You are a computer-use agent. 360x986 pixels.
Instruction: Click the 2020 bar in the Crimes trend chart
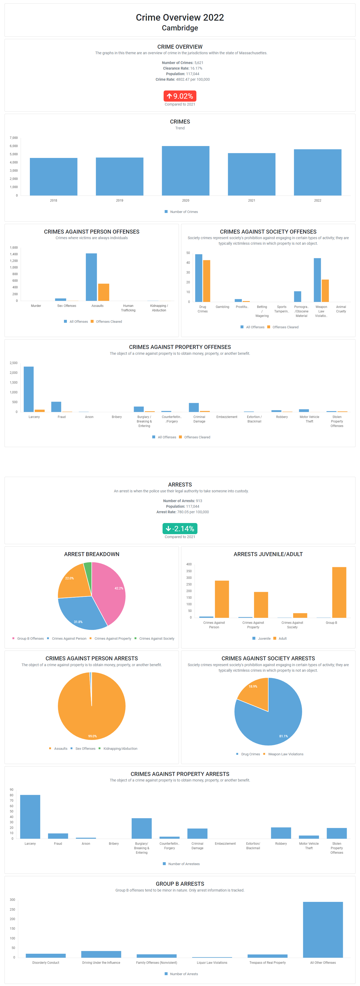point(186,171)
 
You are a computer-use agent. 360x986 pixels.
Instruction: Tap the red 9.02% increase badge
point(180,96)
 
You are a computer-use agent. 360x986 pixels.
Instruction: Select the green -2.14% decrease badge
point(180,529)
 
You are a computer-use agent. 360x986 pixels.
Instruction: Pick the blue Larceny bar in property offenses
point(29,389)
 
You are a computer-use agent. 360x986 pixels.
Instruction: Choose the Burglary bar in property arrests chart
point(142,828)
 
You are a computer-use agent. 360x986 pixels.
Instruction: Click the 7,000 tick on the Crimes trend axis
point(14,138)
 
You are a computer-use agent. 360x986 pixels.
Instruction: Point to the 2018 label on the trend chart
point(54,201)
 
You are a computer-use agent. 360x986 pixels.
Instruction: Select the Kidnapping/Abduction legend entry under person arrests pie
point(120,749)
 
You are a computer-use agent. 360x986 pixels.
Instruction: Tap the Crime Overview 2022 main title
point(180,18)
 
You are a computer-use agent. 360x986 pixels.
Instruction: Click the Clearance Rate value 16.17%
point(196,69)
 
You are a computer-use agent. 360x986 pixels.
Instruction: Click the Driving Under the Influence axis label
point(101,963)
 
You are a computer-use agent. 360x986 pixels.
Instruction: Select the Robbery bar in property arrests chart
point(281,833)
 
